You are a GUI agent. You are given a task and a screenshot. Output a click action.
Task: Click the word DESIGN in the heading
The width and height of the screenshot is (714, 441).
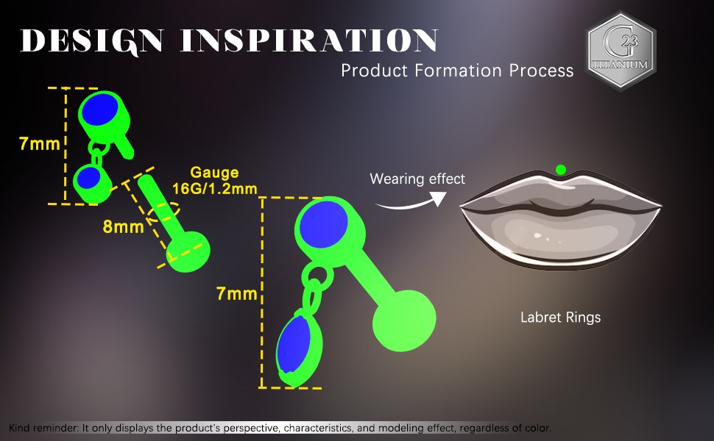pyautogui.click(x=92, y=41)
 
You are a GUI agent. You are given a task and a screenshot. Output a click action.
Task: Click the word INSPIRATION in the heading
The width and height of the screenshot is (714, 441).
pyautogui.click(x=309, y=40)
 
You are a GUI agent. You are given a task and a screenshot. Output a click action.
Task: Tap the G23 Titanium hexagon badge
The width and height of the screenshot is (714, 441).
pyautogui.click(x=621, y=51)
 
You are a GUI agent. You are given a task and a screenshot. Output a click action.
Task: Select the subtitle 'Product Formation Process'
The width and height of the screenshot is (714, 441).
pyautogui.click(x=457, y=71)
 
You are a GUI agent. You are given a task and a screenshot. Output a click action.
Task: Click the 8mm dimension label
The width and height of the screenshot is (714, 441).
pyautogui.click(x=124, y=226)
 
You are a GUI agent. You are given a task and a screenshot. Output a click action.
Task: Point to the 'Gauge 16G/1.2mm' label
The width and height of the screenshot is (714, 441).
pyautogui.click(x=214, y=181)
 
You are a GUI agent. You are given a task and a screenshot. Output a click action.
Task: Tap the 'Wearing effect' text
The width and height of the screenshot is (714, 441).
pyautogui.click(x=417, y=179)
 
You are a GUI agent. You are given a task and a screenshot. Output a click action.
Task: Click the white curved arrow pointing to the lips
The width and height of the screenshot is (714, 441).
pyautogui.click(x=412, y=202)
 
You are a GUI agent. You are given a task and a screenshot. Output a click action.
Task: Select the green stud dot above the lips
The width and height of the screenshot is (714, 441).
pyautogui.click(x=561, y=170)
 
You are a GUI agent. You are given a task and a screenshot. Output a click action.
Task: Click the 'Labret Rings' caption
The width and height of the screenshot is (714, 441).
pyautogui.click(x=561, y=318)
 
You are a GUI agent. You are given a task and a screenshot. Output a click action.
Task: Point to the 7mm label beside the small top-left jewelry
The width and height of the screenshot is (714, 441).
pyautogui.click(x=40, y=143)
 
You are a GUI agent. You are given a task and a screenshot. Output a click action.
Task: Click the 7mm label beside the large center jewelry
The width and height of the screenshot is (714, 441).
pyautogui.click(x=237, y=294)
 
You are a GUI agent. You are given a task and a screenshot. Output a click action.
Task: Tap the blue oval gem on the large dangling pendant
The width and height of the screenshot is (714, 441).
pyautogui.click(x=294, y=344)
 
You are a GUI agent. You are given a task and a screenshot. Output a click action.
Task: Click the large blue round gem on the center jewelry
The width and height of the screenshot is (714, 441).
pyautogui.click(x=324, y=225)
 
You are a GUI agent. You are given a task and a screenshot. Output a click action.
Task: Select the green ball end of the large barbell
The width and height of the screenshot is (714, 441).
pyautogui.click(x=404, y=320)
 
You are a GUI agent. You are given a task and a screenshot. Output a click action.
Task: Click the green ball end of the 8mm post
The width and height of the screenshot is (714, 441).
pyautogui.click(x=188, y=251)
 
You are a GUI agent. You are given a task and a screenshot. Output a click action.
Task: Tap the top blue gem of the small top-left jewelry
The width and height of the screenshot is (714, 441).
pyautogui.click(x=99, y=110)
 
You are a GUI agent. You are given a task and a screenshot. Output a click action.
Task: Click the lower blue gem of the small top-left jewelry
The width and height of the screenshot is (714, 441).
pyautogui.click(x=89, y=178)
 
